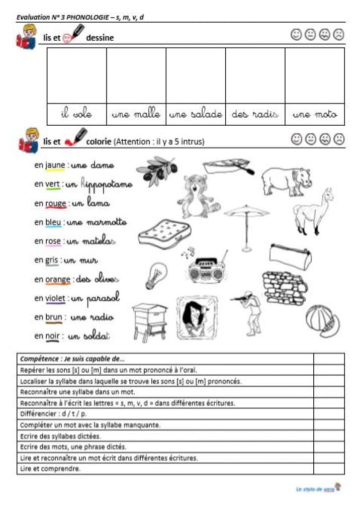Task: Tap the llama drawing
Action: tap(313, 211)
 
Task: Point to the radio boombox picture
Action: tap(208, 269)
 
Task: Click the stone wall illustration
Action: tap(284, 287)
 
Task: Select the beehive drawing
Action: tap(149, 322)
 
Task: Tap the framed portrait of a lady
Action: tap(197, 318)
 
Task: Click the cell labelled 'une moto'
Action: tap(315, 114)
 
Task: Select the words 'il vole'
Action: tap(76, 114)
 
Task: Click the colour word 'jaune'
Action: tap(55, 165)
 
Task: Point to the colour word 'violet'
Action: tap(55, 299)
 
